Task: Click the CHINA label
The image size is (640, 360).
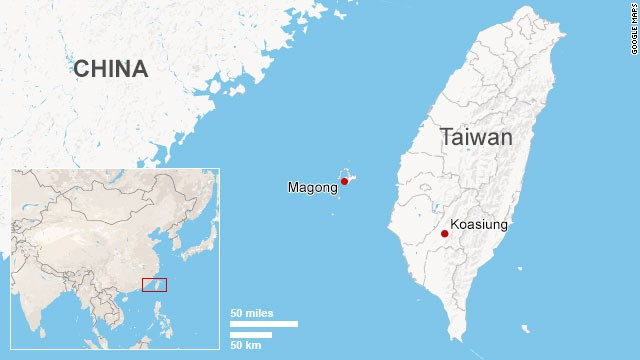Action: tap(110, 69)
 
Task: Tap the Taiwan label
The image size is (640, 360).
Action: tap(476, 137)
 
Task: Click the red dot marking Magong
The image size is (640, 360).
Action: tap(344, 181)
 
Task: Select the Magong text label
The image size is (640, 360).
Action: tap(312, 187)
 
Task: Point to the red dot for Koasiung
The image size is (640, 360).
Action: tap(444, 234)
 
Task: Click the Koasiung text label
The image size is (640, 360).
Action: tap(480, 225)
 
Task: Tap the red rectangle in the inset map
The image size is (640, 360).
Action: tap(154, 285)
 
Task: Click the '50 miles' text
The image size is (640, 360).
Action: tap(250, 313)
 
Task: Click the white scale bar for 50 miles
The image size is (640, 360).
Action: tap(264, 323)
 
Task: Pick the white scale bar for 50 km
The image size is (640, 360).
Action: tap(251, 334)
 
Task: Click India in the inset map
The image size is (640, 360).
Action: tap(40, 300)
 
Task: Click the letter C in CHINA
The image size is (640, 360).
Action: tap(81, 69)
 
